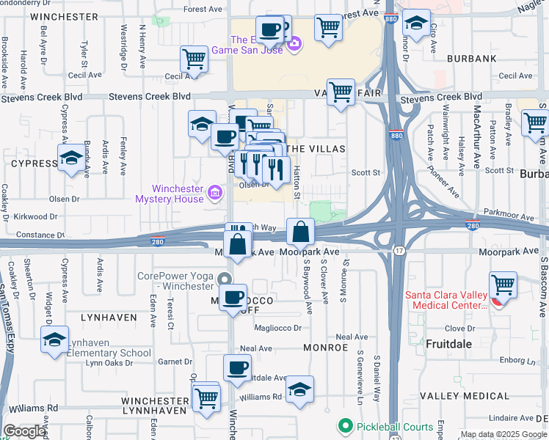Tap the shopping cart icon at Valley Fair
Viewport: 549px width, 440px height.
[x=341, y=93]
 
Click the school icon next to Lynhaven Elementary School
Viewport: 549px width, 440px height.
[x=54, y=340]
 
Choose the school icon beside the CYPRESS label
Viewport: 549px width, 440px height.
[x=71, y=158]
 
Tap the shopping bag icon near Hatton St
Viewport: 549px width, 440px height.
[x=301, y=233]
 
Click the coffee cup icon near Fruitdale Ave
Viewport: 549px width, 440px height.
[x=237, y=369]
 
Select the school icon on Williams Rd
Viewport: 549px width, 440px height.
[x=299, y=390]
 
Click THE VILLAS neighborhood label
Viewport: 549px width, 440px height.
[x=313, y=148]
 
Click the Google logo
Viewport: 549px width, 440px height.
[x=25, y=431]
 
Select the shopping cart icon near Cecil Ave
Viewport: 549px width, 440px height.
[x=194, y=59]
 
